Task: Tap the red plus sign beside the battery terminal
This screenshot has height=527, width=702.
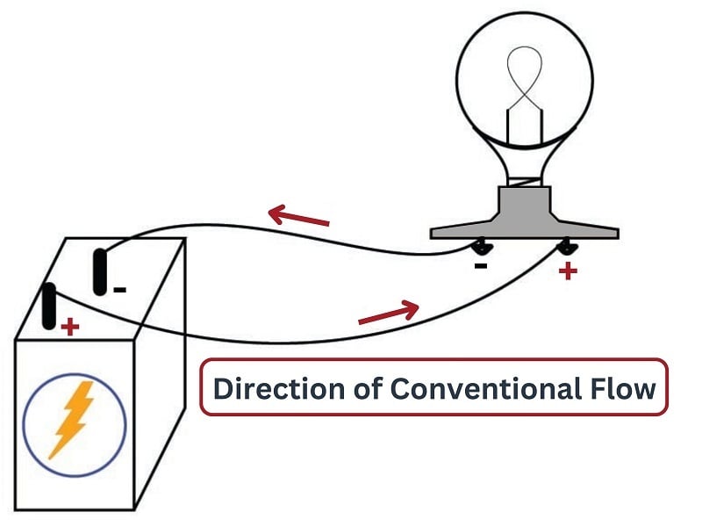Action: (69, 328)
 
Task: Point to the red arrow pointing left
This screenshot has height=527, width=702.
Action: (298, 215)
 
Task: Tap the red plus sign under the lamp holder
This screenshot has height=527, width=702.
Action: (568, 271)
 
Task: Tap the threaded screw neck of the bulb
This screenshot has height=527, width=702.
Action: (524, 177)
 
